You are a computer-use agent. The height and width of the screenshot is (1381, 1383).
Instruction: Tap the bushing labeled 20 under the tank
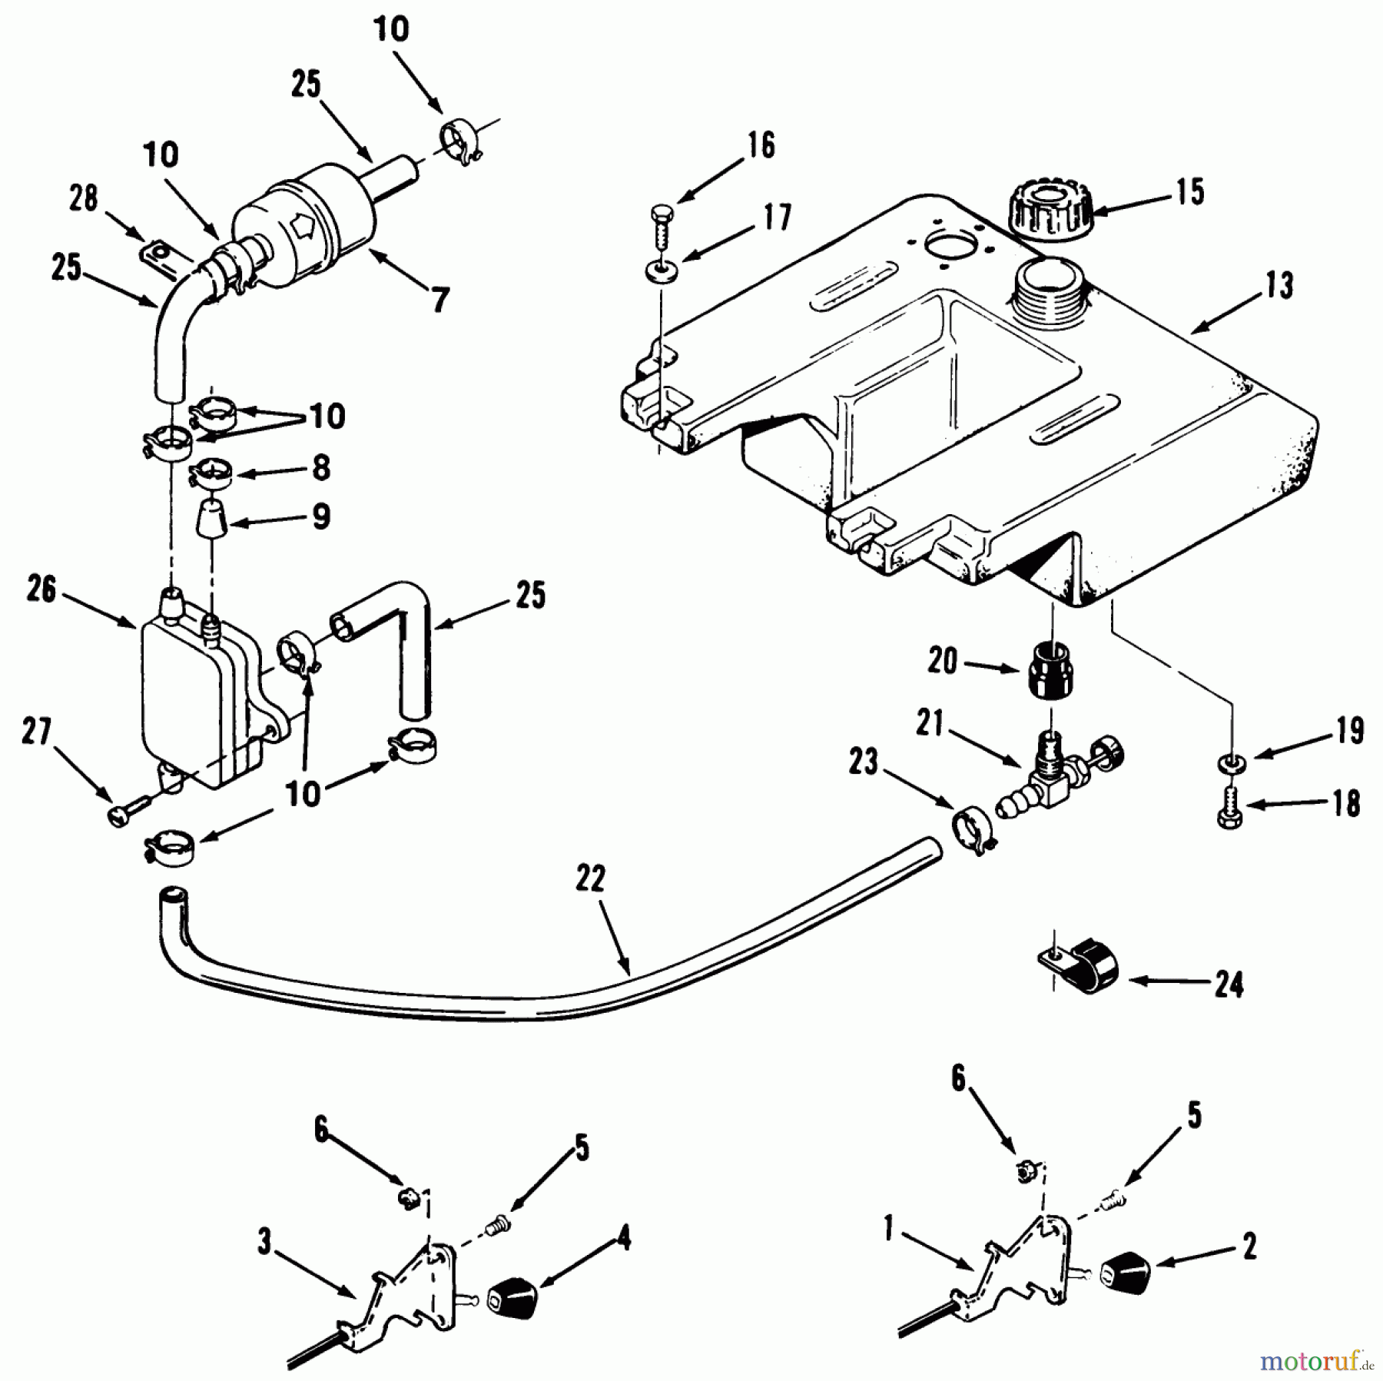coord(1051,671)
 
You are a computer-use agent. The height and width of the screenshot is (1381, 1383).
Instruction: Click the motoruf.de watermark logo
coord(1315,1359)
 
